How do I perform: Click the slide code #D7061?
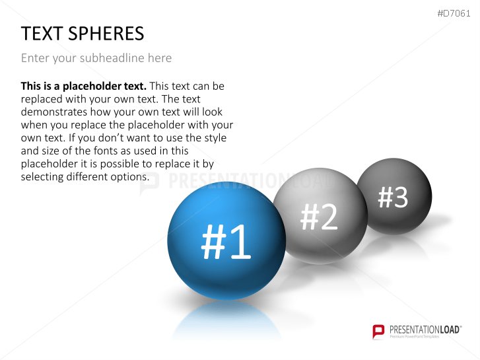(455, 13)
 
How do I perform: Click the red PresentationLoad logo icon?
(378, 331)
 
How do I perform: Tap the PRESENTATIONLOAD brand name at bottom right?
(425, 328)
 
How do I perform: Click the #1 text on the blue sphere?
(226, 242)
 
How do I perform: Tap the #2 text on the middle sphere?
(320, 217)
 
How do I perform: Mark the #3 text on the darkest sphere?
(394, 197)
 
